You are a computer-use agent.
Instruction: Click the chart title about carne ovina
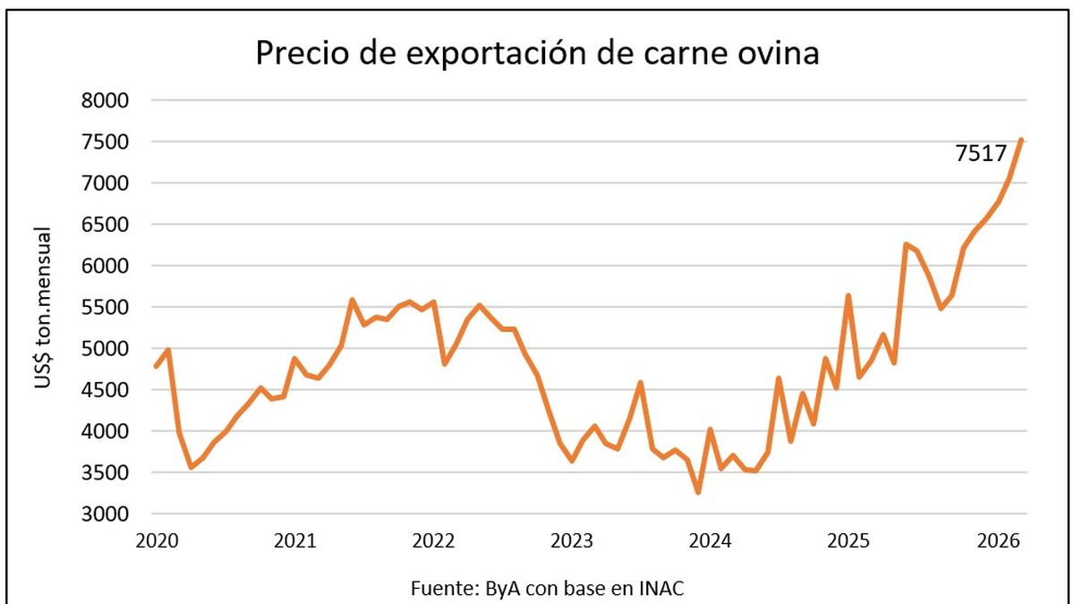pos(537,53)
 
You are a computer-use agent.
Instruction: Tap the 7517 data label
pos(981,153)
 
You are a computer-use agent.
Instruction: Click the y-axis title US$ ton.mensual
pos(43,308)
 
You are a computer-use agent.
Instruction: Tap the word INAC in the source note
pos(665,588)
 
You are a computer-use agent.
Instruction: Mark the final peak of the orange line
pos(1021,140)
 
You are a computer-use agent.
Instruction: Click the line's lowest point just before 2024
pos(697,492)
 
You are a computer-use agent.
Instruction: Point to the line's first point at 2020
pos(156,367)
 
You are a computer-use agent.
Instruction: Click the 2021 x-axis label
pos(294,540)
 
